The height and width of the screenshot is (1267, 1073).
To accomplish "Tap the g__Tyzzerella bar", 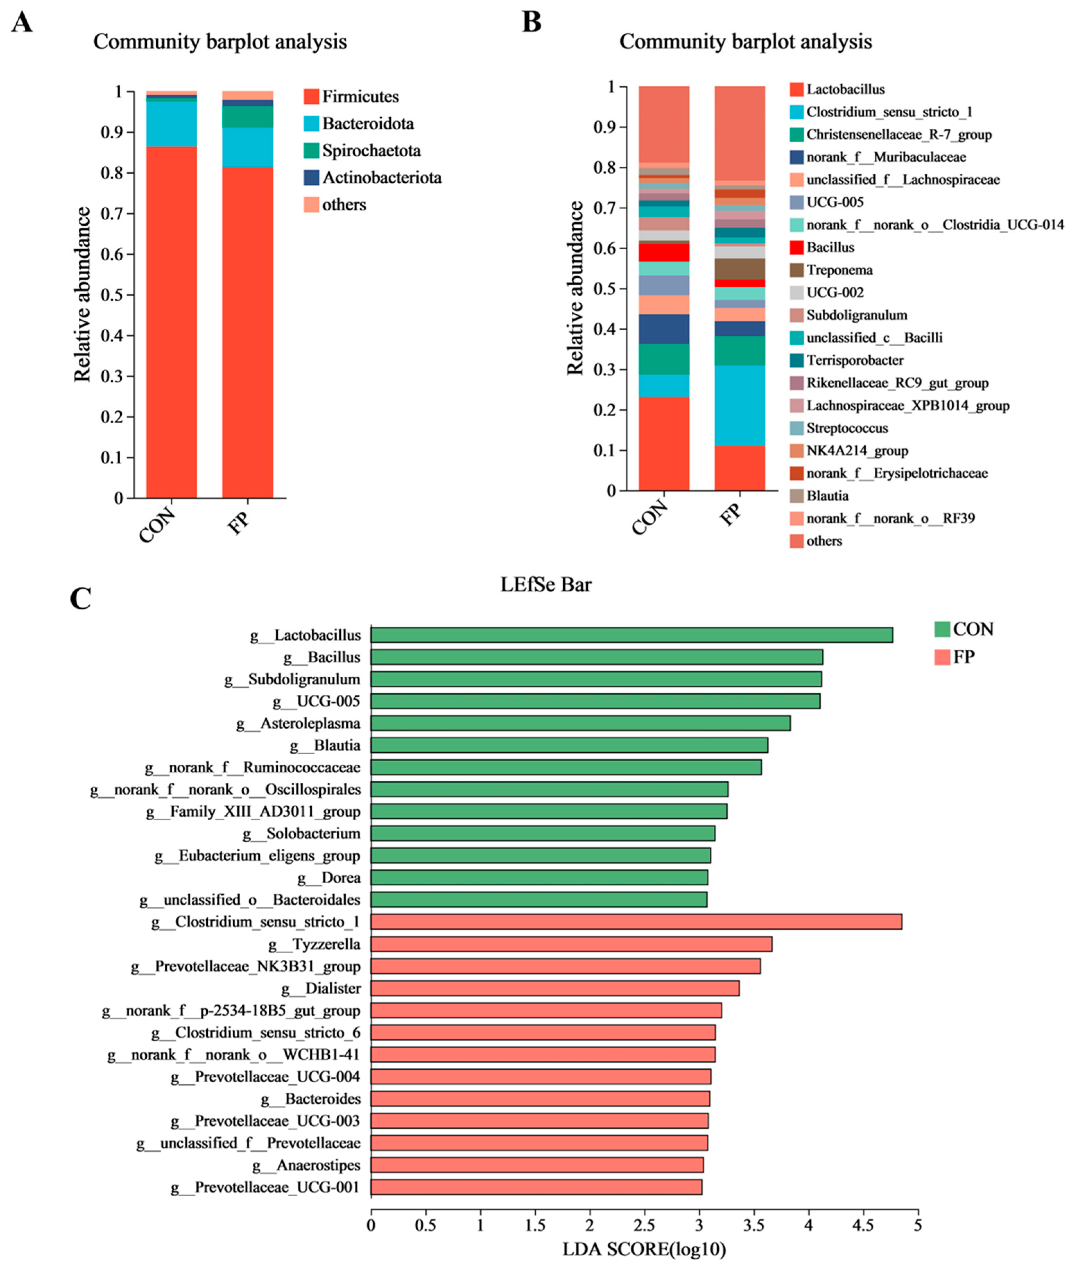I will pyautogui.click(x=571, y=944).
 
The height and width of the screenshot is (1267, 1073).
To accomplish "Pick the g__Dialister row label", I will pyautogui.click(x=321, y=988).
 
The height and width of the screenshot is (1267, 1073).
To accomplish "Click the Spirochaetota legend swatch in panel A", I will pyautogui.click(x=311, y=150).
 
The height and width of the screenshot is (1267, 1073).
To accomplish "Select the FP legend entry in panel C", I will pyautogui.click(x=963, y=657).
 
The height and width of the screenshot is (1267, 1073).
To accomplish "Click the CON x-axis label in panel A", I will pyautogui.click(x=157, y=525).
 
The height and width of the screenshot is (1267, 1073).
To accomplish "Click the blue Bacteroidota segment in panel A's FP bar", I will pyautogui.click(x=248, y=147).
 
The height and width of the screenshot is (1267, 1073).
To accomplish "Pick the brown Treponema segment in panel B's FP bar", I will pyautogui.click(x=740, y=269).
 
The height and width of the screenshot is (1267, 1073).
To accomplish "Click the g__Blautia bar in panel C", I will pyautogui.click(x=569, y=745).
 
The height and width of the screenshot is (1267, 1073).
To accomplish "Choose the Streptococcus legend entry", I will pyautogui.click(x=846, y=428).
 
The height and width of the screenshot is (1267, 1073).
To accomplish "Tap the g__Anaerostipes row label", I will pyautogui.click(x=306, y=1165).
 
